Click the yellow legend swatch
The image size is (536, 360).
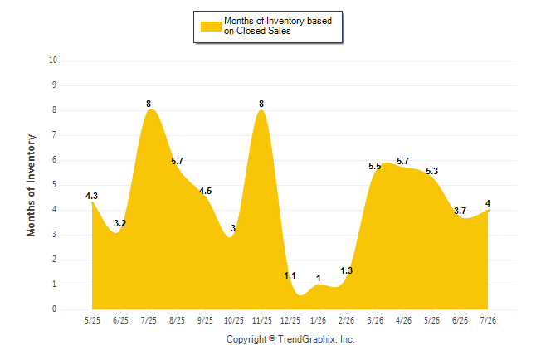(211, 27)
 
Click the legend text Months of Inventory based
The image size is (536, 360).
(278, 21)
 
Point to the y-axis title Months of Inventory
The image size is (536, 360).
(31, 185)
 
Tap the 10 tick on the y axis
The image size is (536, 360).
(53, 61)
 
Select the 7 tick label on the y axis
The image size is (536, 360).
(54, 135)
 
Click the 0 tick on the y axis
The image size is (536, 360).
(54, 309)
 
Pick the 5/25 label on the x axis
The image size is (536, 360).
(92, 320)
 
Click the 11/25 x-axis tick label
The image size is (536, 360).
(262, 320)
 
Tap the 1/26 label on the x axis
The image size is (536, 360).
(319, 320)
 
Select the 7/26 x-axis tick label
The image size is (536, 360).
(488, 320)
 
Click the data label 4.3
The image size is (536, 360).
(91, 196)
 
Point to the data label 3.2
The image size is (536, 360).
(120, 223)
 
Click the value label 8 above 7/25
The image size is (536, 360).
(149, 104)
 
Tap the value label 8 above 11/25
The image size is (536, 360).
(261, 104)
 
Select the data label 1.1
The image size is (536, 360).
(290, 275)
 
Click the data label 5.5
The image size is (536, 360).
(375, 166)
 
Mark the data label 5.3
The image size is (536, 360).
(431, 171)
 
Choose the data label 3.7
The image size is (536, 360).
(460, 211)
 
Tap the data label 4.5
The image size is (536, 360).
(206, 191)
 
